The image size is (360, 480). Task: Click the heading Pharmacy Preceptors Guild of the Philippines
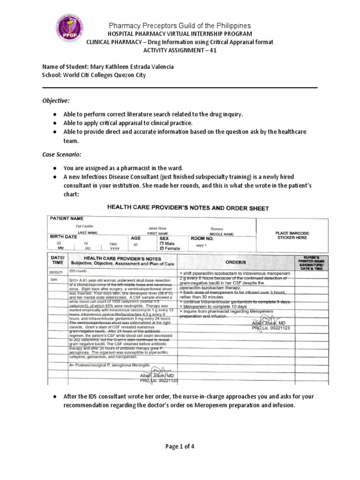pyautogui.click(x=180, y=25)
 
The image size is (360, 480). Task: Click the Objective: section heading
pyautogui.click(x=56, y=101)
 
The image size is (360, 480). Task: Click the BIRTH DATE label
pyautogui.click(x=63, y=237)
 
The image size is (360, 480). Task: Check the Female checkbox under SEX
pyautogui.click(x=162, y=248)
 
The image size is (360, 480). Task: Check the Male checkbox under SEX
pyautogui.click(x=162, y=243)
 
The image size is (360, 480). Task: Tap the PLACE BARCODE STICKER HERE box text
pyautogui.click(x=292, y=235)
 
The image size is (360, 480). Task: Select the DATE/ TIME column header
pyautogui.click(x=57, y=261)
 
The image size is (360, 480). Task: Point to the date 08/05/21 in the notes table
pyautogui.click(x=56, y=271)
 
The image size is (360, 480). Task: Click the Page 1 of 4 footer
pyautogui.click(x=180, y=446)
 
